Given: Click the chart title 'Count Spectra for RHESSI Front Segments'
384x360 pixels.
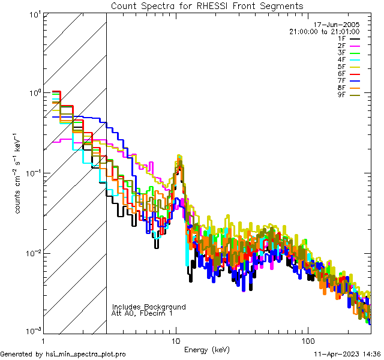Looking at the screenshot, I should pos(207,6).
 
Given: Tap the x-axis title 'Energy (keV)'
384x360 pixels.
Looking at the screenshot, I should pos(206,349).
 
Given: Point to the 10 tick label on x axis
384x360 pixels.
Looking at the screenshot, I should pos(176,340).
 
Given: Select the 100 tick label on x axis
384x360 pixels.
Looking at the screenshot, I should pos(307,340).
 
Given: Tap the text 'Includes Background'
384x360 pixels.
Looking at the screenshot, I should pos(149,307).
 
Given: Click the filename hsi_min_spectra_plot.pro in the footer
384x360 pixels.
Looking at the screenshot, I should pos(86,354).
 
